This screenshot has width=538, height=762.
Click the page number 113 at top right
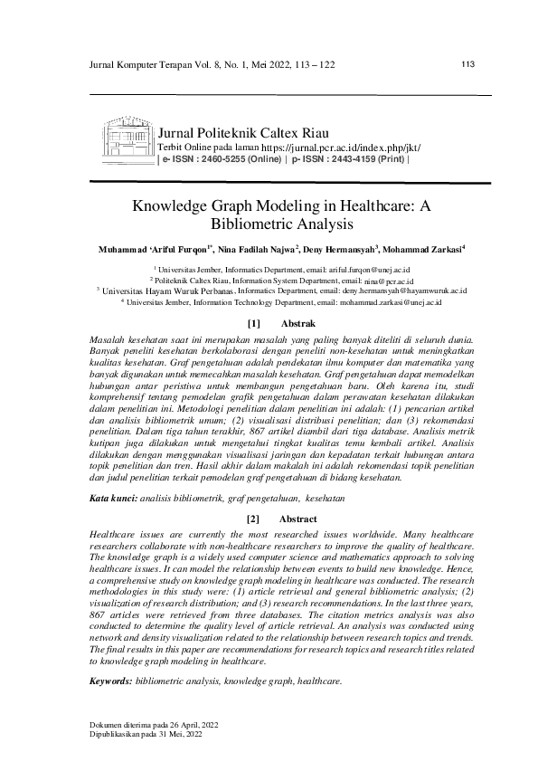click(468, 64)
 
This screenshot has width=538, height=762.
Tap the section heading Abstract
click(297, 519)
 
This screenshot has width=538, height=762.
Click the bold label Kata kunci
click(110, 499)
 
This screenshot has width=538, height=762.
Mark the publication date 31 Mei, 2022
click(178, 735)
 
